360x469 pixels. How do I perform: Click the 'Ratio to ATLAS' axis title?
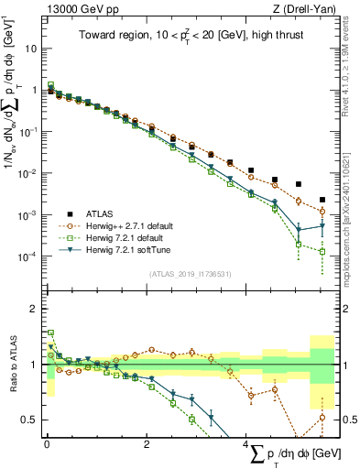click(x=13, y=365)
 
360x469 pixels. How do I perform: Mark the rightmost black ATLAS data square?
click(x=322, y=200)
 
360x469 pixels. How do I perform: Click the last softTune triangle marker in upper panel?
click(x=322, y=225)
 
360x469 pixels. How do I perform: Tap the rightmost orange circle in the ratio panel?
click(x=322, y=418)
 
